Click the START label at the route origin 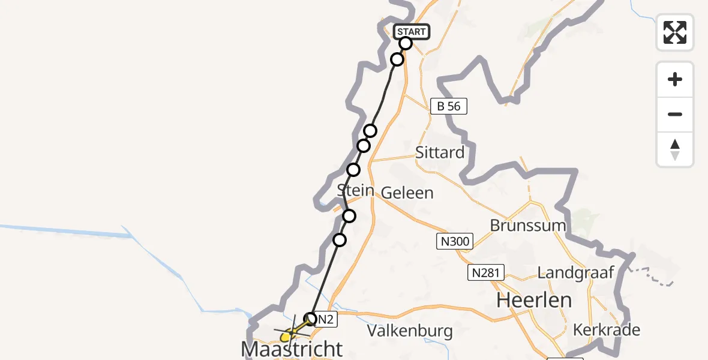pos(411,32)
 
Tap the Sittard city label pos(440,152)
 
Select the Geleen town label pos(407,193)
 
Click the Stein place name pos(355,191)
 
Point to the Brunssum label pos(528,226)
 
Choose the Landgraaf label pos(576,273)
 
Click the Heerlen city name pos(535,300)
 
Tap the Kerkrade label pos(607,330)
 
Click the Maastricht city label pos(292,348)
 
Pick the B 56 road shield pos(449,107)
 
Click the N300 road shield pos(454,242)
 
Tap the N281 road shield pos(486,273)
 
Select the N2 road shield pos(325,320)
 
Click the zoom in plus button pos(675,80)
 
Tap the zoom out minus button pos(675,115)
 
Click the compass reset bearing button pos(675,149)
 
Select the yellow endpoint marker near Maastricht pos(286,338)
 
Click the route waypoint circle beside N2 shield pos(311,319)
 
